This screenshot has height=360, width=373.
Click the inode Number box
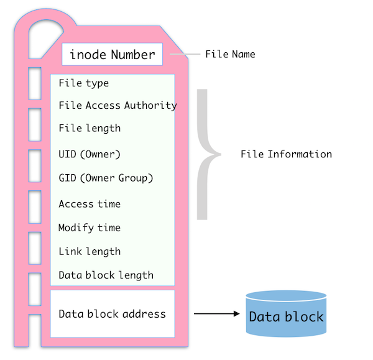pyautogui.click(x=112, y=55)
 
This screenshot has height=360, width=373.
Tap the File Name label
pyautogui.click(x=230, y=55)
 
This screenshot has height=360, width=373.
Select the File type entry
pyautogui.click(x=83, y=83)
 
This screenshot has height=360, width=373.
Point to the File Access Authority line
pyautogui.click(x=117, y=106)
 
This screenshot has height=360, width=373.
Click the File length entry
pyautogui.click(x=90, y=129)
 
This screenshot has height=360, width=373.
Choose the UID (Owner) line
pyautogui.click(x=90, y=154)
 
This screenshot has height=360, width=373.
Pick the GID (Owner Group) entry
pyautogui.click(x=106, y=178)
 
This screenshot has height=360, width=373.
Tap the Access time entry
pyautogui.click(x=90, y=204)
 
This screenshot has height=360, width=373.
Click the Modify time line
pyautogui.click(x=90, y=228)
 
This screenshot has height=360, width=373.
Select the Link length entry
pyautogui.click(x=90, y=252)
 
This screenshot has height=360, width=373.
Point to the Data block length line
pyautogui.click(x=106, y=275)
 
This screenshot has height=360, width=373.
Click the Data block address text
pyautogui.click(x=112, y=314)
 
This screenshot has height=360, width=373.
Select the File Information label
pyautogui.click(x=286, y=154)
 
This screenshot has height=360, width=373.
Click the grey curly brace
pyautogui.click(x=205, y=154)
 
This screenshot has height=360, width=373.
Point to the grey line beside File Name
pyautogui.click(x=185, y=55)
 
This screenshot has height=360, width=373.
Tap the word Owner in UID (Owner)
pyautogui.click(x=101, y=154)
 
